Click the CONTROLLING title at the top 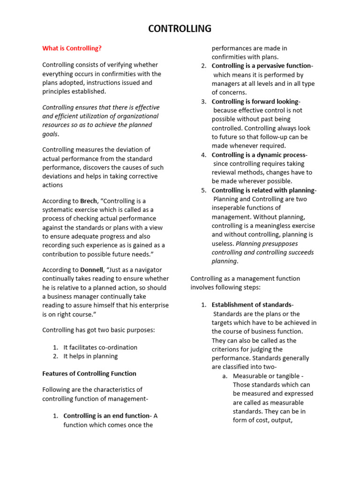[180, 29]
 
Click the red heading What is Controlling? [72, 48]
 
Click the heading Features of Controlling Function [89, 374]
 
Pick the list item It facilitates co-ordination [100, 347]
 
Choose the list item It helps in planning [90, 356]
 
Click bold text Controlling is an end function [106, 416]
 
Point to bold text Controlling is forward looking [255, 101]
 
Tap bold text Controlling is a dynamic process [258, 155]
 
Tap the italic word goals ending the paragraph [50, 134]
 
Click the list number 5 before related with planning [204, 190]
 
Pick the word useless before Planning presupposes [223, 243]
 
